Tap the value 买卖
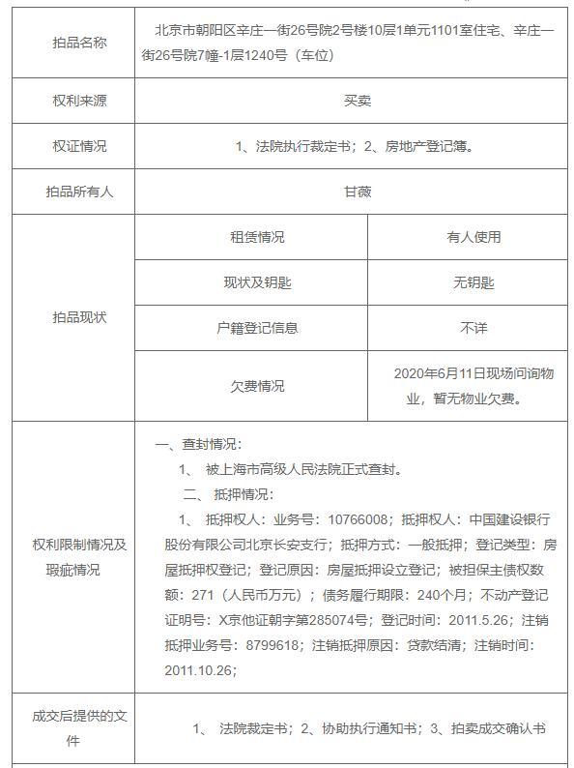coord(358,101)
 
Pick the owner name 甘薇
coord(358,192)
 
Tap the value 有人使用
coord(474,237)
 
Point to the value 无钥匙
coord(474,282)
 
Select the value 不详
coord(474,328)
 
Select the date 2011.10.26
coord(200,669)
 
